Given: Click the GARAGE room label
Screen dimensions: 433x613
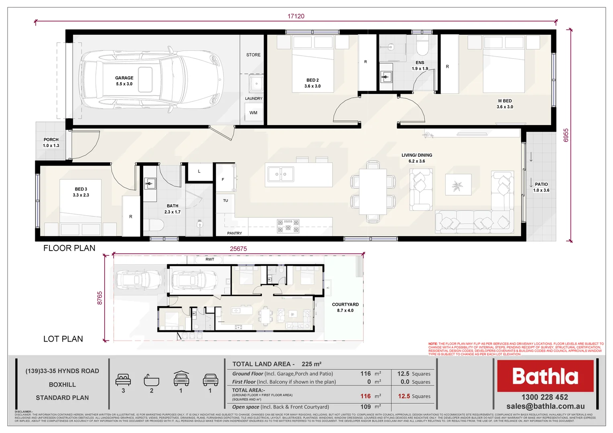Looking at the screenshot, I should (x=124, y=78).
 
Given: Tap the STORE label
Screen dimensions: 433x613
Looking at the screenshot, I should (x=253, y=55).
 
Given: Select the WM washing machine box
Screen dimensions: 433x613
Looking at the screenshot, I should (x=253, y=113).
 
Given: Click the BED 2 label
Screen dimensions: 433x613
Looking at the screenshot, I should (x=312, y=80).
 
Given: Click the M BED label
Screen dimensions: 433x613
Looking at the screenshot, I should (x=505, y=101).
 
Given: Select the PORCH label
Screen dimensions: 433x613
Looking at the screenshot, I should (x=51, y=140).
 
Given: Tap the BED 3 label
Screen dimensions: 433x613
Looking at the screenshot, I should (x=81, y=189).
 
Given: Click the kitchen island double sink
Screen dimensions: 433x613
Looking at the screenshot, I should (x=280, y=174).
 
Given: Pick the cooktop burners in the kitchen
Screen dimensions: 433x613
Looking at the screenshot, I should (x=288, y=226).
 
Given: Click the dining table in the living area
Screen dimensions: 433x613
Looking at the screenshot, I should (x=373, y=192).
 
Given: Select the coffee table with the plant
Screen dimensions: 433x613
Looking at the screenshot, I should (x=458, y=185).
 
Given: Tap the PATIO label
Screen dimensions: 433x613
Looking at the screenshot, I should (x=541, y=184).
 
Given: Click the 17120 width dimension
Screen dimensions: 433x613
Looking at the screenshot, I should (x=296, y=16).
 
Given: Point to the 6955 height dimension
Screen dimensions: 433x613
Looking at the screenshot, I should (x=566, y=135).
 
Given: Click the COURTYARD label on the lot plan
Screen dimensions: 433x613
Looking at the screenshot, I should (x=345, y=305).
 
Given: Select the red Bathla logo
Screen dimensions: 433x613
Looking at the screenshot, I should (x=545, y=376).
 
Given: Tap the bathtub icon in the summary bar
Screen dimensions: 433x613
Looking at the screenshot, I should (x=151, y=380).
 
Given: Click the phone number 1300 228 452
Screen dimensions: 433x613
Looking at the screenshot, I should (x=544, y=397).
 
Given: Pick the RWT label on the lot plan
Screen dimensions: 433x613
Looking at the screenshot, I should (x=210, y=259).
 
